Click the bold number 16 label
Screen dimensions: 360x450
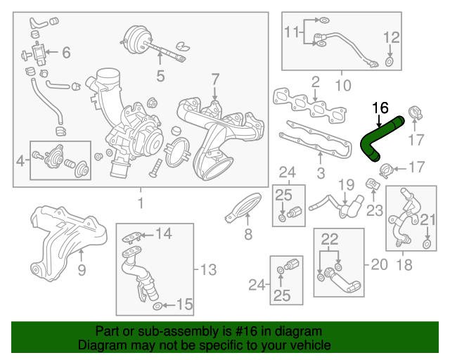[x=380, y=108]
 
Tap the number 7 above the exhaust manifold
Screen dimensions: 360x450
[x=215, y=79]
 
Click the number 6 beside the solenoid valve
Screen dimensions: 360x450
[x=66, y=52]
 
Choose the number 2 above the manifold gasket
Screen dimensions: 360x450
[x=316, y=82]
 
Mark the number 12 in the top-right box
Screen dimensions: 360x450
[x=391, y=37]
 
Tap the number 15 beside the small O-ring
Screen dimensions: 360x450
[x=184, y=304]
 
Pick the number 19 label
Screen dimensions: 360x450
[x=345, y=185]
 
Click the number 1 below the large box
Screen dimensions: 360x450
[x=141, y=203]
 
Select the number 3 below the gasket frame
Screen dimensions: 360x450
[x=320, y=172]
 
